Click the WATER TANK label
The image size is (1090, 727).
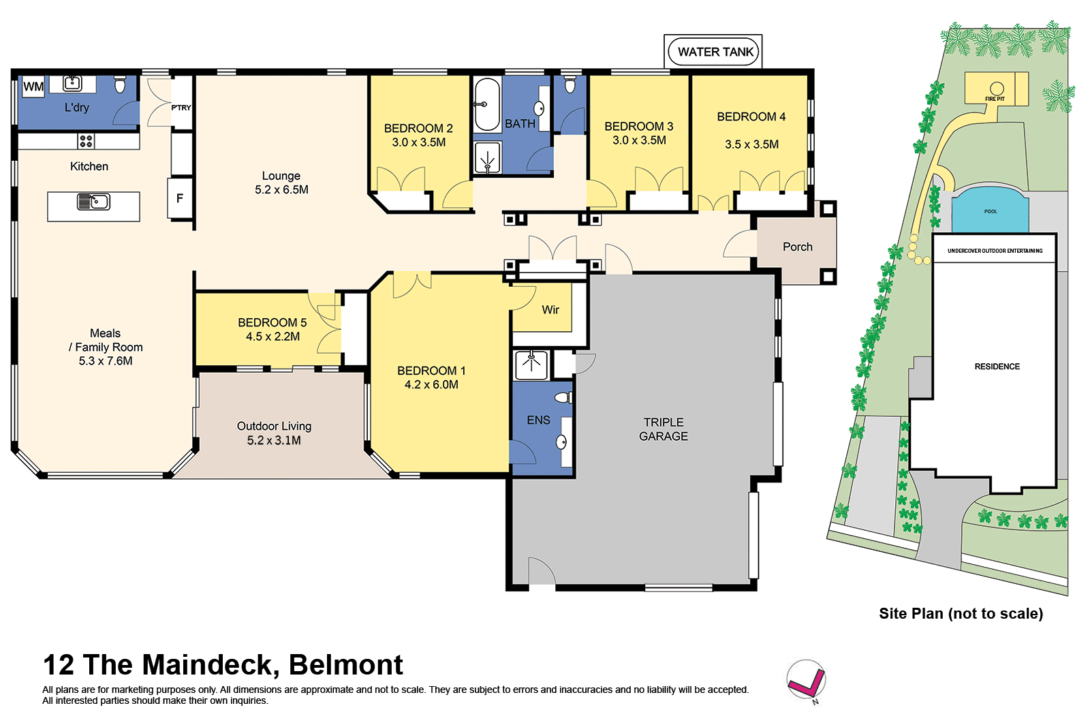pos(715,52)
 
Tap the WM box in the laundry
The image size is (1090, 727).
pos(33,87)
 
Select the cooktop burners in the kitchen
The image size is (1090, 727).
pos(86,141)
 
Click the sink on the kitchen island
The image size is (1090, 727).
pos(93,202)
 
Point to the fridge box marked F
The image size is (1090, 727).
pos(180,198)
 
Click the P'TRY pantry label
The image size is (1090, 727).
pos(181,108)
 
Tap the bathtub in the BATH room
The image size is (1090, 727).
pos(487,104)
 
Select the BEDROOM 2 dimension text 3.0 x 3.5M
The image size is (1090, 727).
pos(418,142)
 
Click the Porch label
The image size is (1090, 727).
pos(797,247)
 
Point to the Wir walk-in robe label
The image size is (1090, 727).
pos(550,310)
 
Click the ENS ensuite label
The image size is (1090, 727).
pos(538,420)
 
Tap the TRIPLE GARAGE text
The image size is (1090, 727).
pos(663,429)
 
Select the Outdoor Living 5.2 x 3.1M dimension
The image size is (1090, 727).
pos(274,441)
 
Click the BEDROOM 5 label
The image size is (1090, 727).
pos(272,322)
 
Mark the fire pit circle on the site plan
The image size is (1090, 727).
pos(997,88)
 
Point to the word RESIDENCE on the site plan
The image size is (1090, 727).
pos(997,367)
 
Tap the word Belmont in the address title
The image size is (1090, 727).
pos(345,665)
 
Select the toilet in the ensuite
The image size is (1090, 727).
pos(564,397)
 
